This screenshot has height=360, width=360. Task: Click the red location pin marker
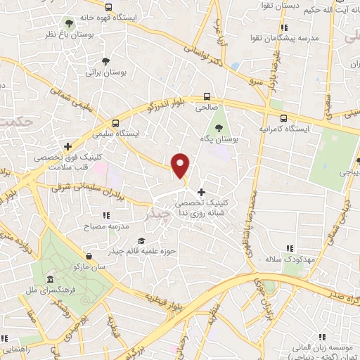181,167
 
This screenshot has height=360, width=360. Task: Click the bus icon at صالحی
207,97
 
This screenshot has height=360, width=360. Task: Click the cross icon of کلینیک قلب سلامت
68,146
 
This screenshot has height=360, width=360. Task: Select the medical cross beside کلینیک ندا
202,191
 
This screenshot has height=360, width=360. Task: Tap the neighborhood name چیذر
155,212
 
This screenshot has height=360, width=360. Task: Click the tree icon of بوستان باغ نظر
67,22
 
